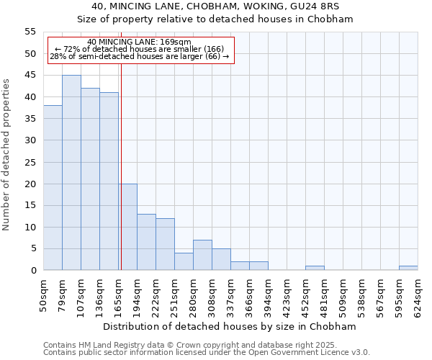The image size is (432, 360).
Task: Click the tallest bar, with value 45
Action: point(71,173)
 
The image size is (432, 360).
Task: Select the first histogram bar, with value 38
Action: point(53,188)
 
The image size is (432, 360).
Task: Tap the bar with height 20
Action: point(128,227)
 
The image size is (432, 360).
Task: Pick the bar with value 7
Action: point(202,255)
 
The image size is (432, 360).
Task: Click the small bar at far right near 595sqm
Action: point(408,268)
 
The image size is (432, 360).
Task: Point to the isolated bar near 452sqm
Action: point(315,268)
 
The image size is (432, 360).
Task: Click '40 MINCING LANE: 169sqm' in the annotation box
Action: point(139,42)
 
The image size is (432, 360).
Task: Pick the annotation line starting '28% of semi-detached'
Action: point(139,56)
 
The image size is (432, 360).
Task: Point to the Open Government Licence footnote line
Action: point(207,352)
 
